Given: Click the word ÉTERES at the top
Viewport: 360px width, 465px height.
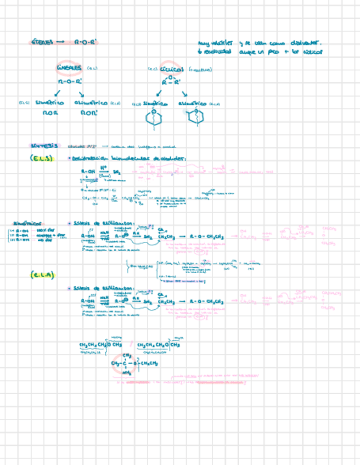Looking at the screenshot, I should pyautogui.click(x=42, y=42).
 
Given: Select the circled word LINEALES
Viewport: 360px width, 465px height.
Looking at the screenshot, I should pyautogui.click(x=69, y=68).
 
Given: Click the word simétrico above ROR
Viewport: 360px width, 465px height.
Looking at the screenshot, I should pyautogui.click(x=50, y=103).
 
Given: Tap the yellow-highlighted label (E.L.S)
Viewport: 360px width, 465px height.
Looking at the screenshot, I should pyautogui.click(x=41, y=158).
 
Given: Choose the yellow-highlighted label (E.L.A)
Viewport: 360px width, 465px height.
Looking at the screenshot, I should pyautogui.click(x=42, y=275).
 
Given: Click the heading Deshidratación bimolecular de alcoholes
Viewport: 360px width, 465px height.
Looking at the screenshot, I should pyautogui.click(x=130, y=158).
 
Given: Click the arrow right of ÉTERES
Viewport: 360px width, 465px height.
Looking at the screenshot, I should pyautogui.click(x=60, y=42).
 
